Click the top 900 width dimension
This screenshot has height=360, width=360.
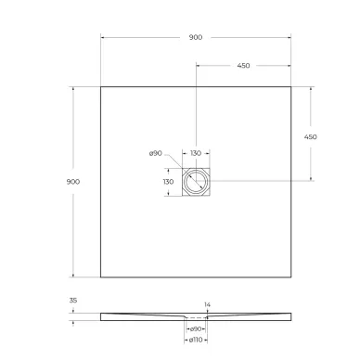pyautogui.click(x=195, y=37)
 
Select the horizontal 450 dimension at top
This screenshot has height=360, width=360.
pyautogui.click(x=243, y=66)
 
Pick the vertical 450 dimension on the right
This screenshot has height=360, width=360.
pyautogui.click(x=311, y=136)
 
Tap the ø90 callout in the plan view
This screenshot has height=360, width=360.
pyautogui.click(x=155, y=152)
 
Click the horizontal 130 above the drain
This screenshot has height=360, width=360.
pyautogui.click(x=197, y=153)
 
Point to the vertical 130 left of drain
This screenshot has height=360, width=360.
pyautogui.click(x=168, y=182)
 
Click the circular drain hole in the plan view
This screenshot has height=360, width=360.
pyautogui.click(x=198, y=182)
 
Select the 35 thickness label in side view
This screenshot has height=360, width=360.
pyautogui.click(x=74, y=300)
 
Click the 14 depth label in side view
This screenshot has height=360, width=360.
pyautogui.click(x=208, y=303)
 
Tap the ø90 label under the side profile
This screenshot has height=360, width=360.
pyautogui.click(x=197, y=329)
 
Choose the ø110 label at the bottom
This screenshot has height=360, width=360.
pyautogui.click(x=197, y=341)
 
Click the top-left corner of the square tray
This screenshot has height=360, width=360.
pyautogui.click(x=100, y=86)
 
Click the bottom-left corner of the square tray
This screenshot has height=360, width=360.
pyautogui.click(x=100, y=276)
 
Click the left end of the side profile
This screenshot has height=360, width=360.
pyautogui.click(x=102, y=316)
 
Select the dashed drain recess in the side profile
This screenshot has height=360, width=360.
pyautogui.click(x=197, y=318)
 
